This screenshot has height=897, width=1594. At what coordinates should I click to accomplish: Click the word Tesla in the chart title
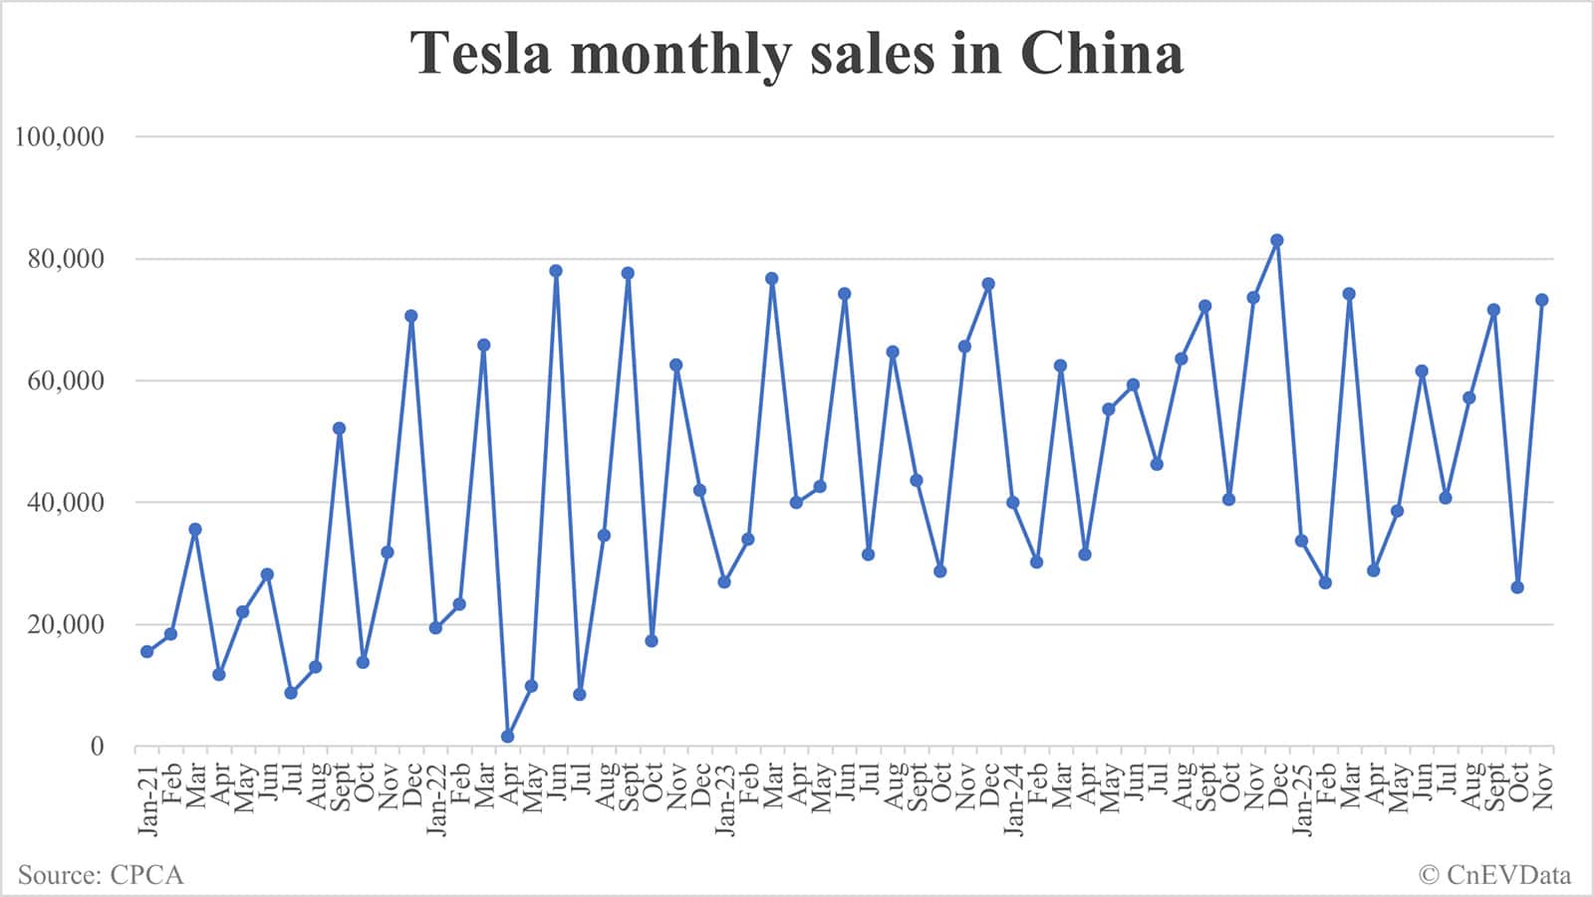click(481, 53)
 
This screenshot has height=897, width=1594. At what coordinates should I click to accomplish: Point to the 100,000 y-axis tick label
click(59, 136)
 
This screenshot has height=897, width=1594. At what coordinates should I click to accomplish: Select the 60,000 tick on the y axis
click(64, 380)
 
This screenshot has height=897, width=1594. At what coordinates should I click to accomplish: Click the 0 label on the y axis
click(97, 747)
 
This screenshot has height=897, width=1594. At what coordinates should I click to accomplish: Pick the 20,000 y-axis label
click(64, 624)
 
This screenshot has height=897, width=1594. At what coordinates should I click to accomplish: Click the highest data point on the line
click(1277, 240)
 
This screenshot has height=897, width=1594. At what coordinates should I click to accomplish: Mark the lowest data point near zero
click(507, 737)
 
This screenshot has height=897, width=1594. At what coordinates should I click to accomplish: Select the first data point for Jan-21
click(147, 651)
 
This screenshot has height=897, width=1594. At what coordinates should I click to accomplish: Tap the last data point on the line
click(1541, 300)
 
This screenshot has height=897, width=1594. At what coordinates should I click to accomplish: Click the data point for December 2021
click(410, 316)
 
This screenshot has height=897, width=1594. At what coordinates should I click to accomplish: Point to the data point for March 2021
click(195, 529)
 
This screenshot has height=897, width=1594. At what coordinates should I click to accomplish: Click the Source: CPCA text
click(101, 875)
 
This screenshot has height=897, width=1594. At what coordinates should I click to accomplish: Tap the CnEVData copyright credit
click(1494, 875)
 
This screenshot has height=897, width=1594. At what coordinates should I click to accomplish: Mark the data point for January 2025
click(1301, 541)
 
